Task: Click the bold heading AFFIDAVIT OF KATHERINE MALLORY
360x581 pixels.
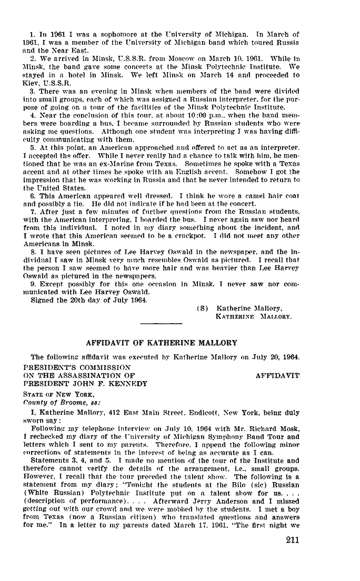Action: (162, 343)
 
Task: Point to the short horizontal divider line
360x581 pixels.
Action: (162, 322)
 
